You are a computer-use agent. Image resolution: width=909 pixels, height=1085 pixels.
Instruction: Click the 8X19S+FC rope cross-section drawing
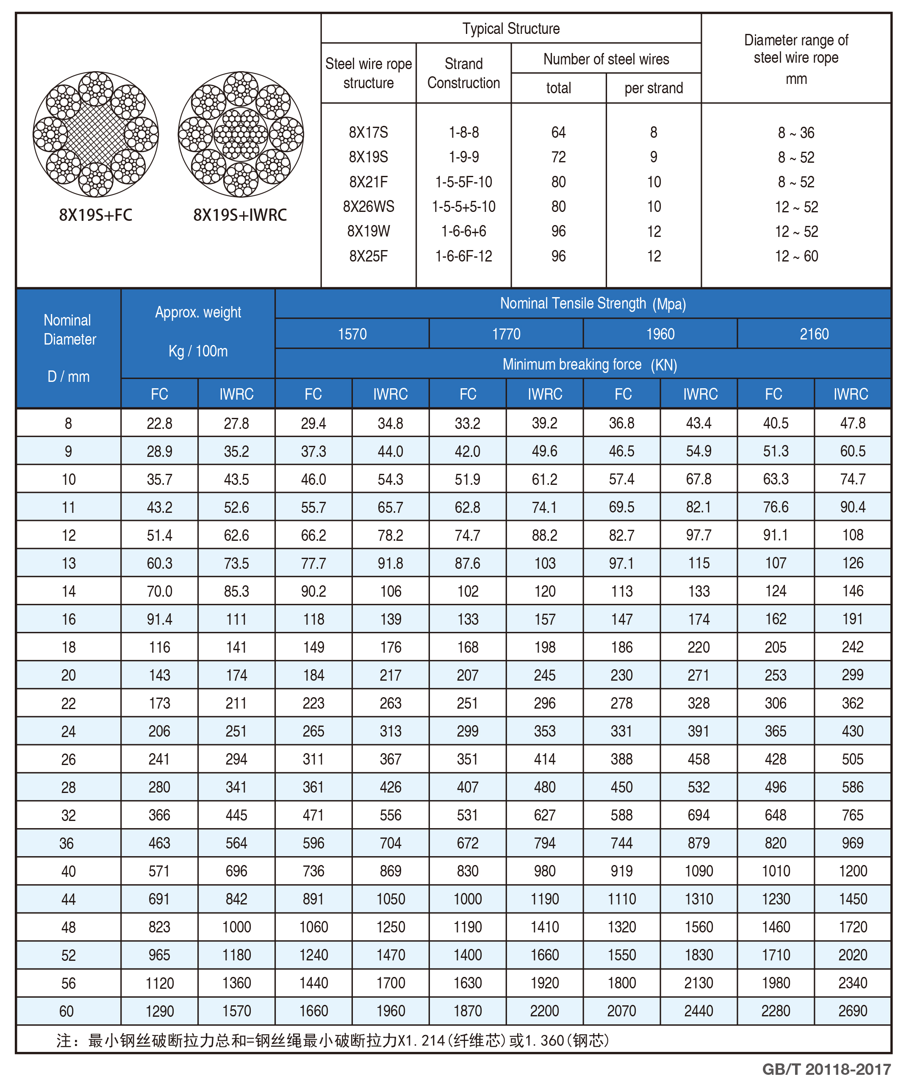tap(96, 134)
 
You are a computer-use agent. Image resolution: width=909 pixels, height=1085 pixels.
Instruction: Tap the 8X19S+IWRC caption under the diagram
tap(240, 215)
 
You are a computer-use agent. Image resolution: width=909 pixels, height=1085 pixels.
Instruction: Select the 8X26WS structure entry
tap(368, 207)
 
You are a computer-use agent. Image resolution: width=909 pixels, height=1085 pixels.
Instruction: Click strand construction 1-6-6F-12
tap(463, 256)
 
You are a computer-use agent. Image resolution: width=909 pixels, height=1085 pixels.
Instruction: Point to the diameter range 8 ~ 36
tap(796, 133)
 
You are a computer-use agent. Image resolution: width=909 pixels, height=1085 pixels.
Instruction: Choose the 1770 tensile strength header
tap(506, 334)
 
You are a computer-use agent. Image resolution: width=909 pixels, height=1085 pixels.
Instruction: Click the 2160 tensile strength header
tap(814, 334)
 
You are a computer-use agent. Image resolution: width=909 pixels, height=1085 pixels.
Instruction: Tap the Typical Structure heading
tap(511, 28)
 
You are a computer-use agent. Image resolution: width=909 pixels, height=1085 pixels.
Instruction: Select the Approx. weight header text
tap(198, 313)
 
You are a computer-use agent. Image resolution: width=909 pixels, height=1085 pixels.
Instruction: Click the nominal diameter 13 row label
tap(69, 563)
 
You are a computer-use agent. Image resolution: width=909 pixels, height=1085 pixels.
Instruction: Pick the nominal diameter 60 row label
tap(67, 1011)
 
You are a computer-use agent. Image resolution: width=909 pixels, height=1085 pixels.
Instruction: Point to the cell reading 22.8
tap(159, 424)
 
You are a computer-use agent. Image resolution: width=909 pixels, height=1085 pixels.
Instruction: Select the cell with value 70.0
tap(159, 591)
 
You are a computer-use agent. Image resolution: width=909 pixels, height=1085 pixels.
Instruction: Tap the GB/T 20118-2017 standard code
tap(826, 1069)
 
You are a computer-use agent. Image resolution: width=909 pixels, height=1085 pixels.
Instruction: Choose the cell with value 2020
tap(853, 955)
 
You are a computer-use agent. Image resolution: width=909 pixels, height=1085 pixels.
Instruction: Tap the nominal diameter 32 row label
tap(69, 815)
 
